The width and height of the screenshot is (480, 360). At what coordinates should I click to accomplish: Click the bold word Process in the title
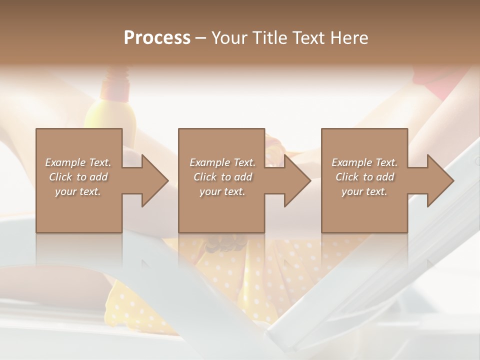[x=157, y=38]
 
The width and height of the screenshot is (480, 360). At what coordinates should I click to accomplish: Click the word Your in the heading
[x=229, y=38]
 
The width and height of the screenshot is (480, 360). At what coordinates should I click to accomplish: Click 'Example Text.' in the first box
[x=78, y=162]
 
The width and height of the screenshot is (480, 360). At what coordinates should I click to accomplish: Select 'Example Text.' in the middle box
[x=222, y=162]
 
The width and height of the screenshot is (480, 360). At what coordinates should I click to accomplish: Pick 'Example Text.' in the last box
[x=364, y=162]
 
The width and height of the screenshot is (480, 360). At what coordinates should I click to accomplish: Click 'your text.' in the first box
[x=78, y=191]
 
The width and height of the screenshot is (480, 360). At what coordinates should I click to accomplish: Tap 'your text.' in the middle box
[x=222, y=191]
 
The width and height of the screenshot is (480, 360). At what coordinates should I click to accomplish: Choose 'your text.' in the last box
[x=364, y=191]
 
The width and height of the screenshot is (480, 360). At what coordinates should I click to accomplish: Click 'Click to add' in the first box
[x=78, y=177]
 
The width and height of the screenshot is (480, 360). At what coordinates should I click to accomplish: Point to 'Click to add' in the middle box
[x=222, y=177]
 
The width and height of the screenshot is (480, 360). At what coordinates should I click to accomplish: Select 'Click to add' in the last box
[x=364, y=177]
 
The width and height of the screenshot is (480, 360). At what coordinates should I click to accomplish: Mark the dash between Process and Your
[x=201, y=38]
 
